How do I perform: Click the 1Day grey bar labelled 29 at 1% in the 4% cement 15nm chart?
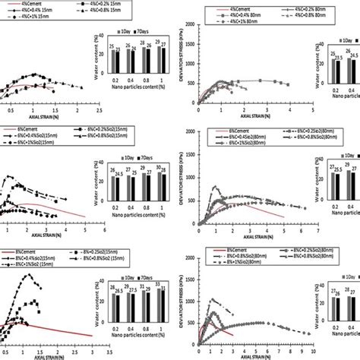click(156, 60)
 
